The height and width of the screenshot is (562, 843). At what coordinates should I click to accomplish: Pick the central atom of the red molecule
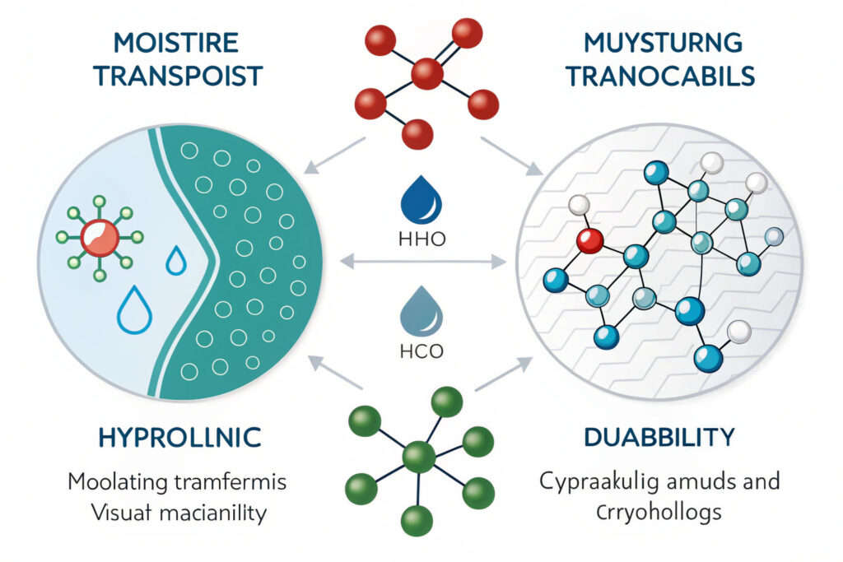(x=426, y=73)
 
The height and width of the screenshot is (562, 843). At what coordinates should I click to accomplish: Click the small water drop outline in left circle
(x=176, y=262)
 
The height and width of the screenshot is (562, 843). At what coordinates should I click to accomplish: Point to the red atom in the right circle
(x=589, y=241)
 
